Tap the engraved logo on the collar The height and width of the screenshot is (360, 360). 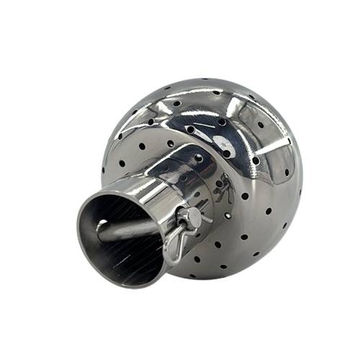click(x=222, y=189)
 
